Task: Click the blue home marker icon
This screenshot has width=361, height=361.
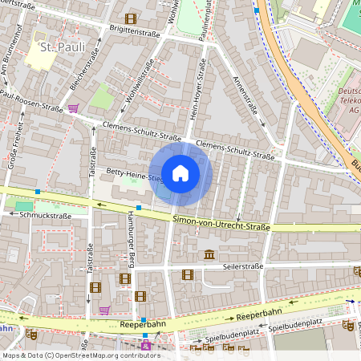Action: [x=180, y=172]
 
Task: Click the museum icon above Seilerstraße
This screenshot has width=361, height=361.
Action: [x=209, y=255]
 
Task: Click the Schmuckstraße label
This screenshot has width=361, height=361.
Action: [x=46, y=215]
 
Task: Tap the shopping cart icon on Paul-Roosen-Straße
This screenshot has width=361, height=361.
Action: [x=73, y=108]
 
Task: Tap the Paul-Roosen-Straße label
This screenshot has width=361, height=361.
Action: [x=32, y=102]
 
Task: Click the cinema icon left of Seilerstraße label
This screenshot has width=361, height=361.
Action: [x=188, y=274]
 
